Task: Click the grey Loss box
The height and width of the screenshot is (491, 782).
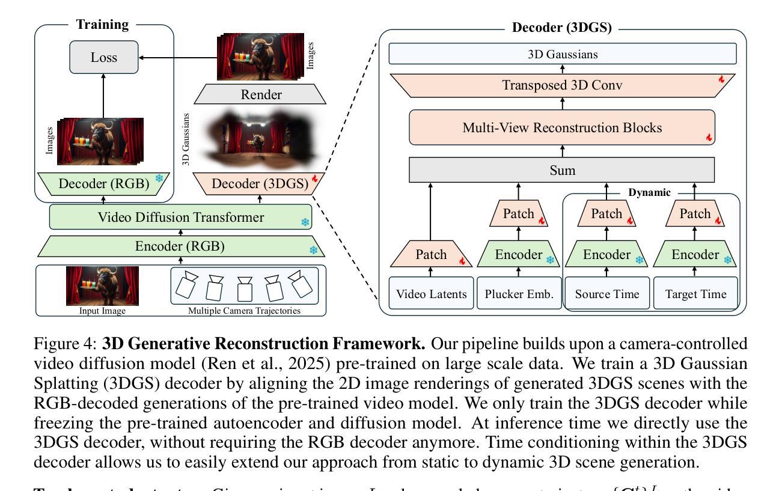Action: (x=103, y=57)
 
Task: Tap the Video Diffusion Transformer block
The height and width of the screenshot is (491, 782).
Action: (x=181, y=217)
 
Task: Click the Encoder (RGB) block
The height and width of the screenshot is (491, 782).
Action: (x=181, y=246)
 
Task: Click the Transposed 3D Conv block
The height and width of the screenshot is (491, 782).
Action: (x=562, y=85)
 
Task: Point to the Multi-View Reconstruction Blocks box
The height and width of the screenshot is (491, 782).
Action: (x=562, y=127)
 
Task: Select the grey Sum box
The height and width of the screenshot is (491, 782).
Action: (x=562, y=170)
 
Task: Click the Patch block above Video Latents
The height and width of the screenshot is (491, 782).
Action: (x=431, y=254)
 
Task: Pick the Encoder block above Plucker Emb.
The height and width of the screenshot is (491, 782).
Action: (x=518, y=254)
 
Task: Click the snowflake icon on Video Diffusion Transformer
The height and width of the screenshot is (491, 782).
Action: (x=305, y=222)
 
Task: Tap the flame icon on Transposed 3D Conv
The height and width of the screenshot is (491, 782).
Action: (x=722, y=79)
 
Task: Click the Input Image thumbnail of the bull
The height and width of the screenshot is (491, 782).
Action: (x=102, y=285)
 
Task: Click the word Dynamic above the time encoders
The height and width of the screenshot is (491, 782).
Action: (x=650, y=192)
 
